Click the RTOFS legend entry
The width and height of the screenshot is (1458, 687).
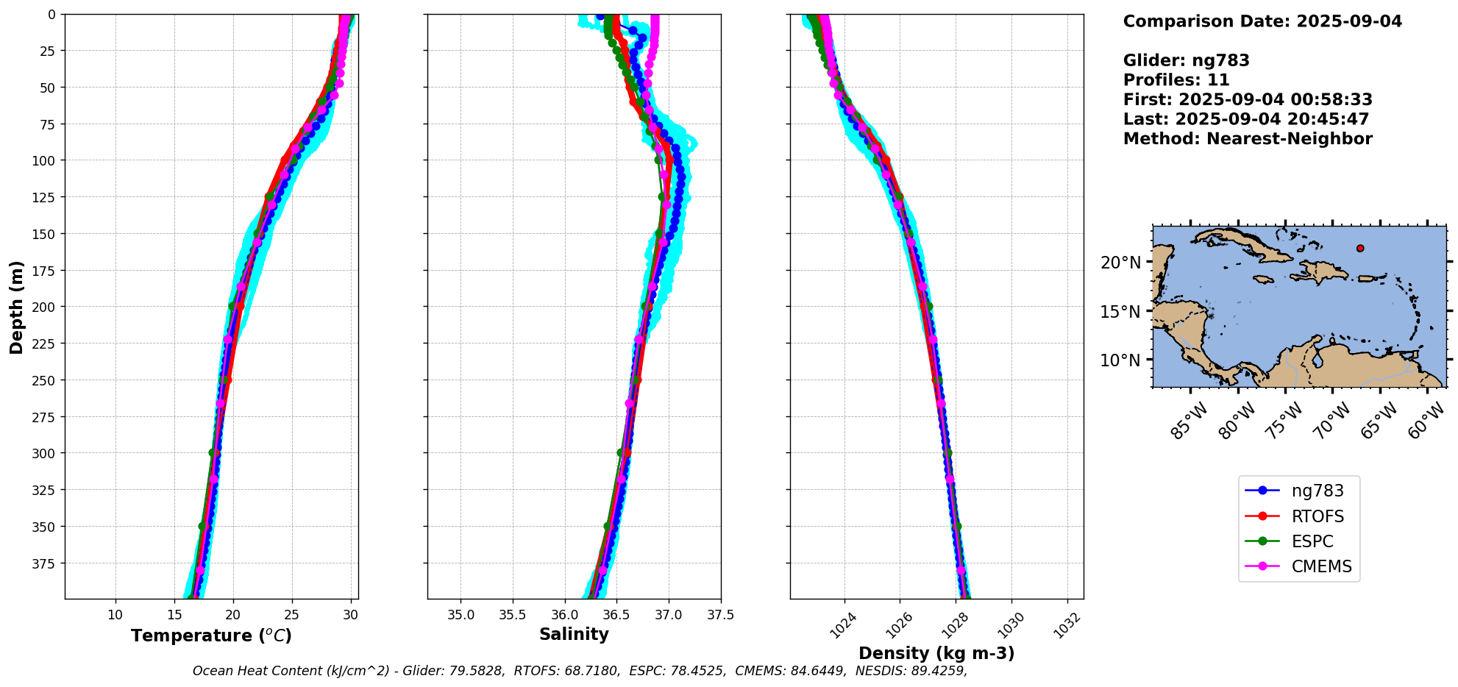[1317, 516]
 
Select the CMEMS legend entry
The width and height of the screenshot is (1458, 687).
[1321, 566]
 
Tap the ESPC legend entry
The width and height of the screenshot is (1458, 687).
[1312, 541]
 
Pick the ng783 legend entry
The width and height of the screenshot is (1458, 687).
[1317, 491]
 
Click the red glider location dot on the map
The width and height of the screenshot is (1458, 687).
[1360, 249]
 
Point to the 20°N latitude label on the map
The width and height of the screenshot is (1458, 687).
[1120, 263]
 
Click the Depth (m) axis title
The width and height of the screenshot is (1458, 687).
[16, 307]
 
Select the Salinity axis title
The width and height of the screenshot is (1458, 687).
[574, 634]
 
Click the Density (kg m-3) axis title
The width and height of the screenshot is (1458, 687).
[936, 653]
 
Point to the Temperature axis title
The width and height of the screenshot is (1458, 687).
[211, 636]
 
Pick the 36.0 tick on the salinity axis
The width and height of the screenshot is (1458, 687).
[564, 615]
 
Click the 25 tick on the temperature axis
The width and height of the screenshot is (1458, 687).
[292, 615]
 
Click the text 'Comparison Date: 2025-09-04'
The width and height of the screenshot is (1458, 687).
[1262, 21]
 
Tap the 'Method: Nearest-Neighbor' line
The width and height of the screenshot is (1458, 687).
[1248, 139]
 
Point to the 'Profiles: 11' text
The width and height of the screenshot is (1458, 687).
[1176, 80]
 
